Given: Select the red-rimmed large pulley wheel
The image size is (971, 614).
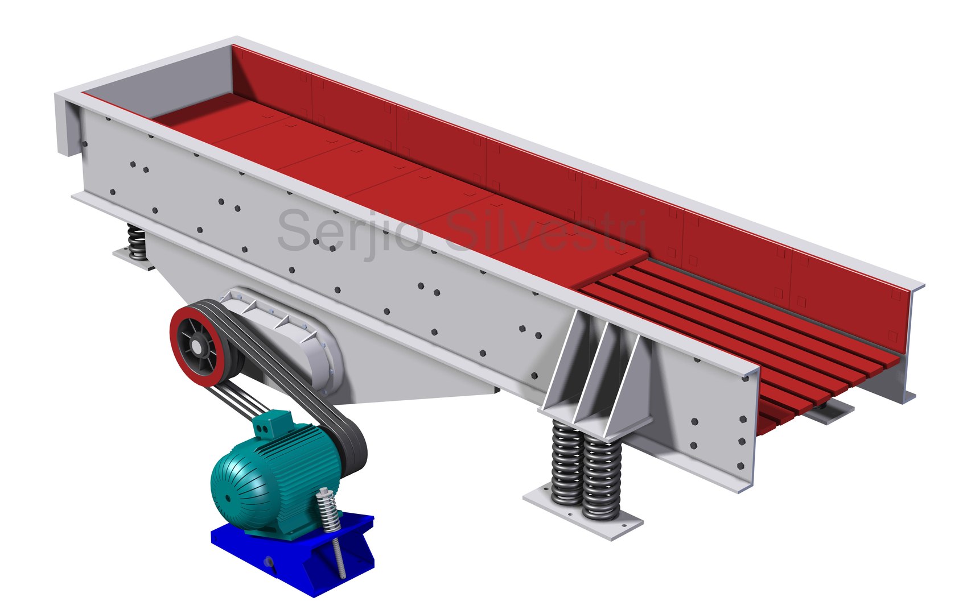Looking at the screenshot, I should pos(199,347).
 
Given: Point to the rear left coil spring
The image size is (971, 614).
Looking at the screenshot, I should pos(137,242).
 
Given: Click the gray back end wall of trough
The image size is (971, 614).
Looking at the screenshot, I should pos(154,85).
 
